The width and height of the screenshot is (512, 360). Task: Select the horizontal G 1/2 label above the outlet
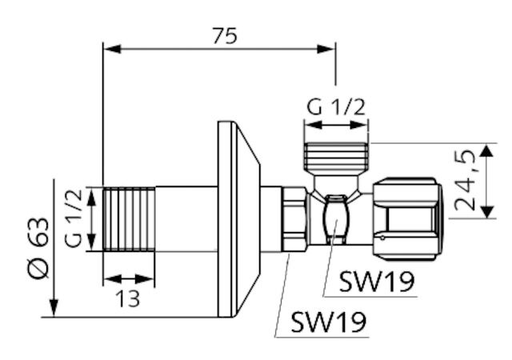click(x=337, y=106)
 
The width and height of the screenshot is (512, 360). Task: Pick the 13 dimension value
click(x=127, y=298)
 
